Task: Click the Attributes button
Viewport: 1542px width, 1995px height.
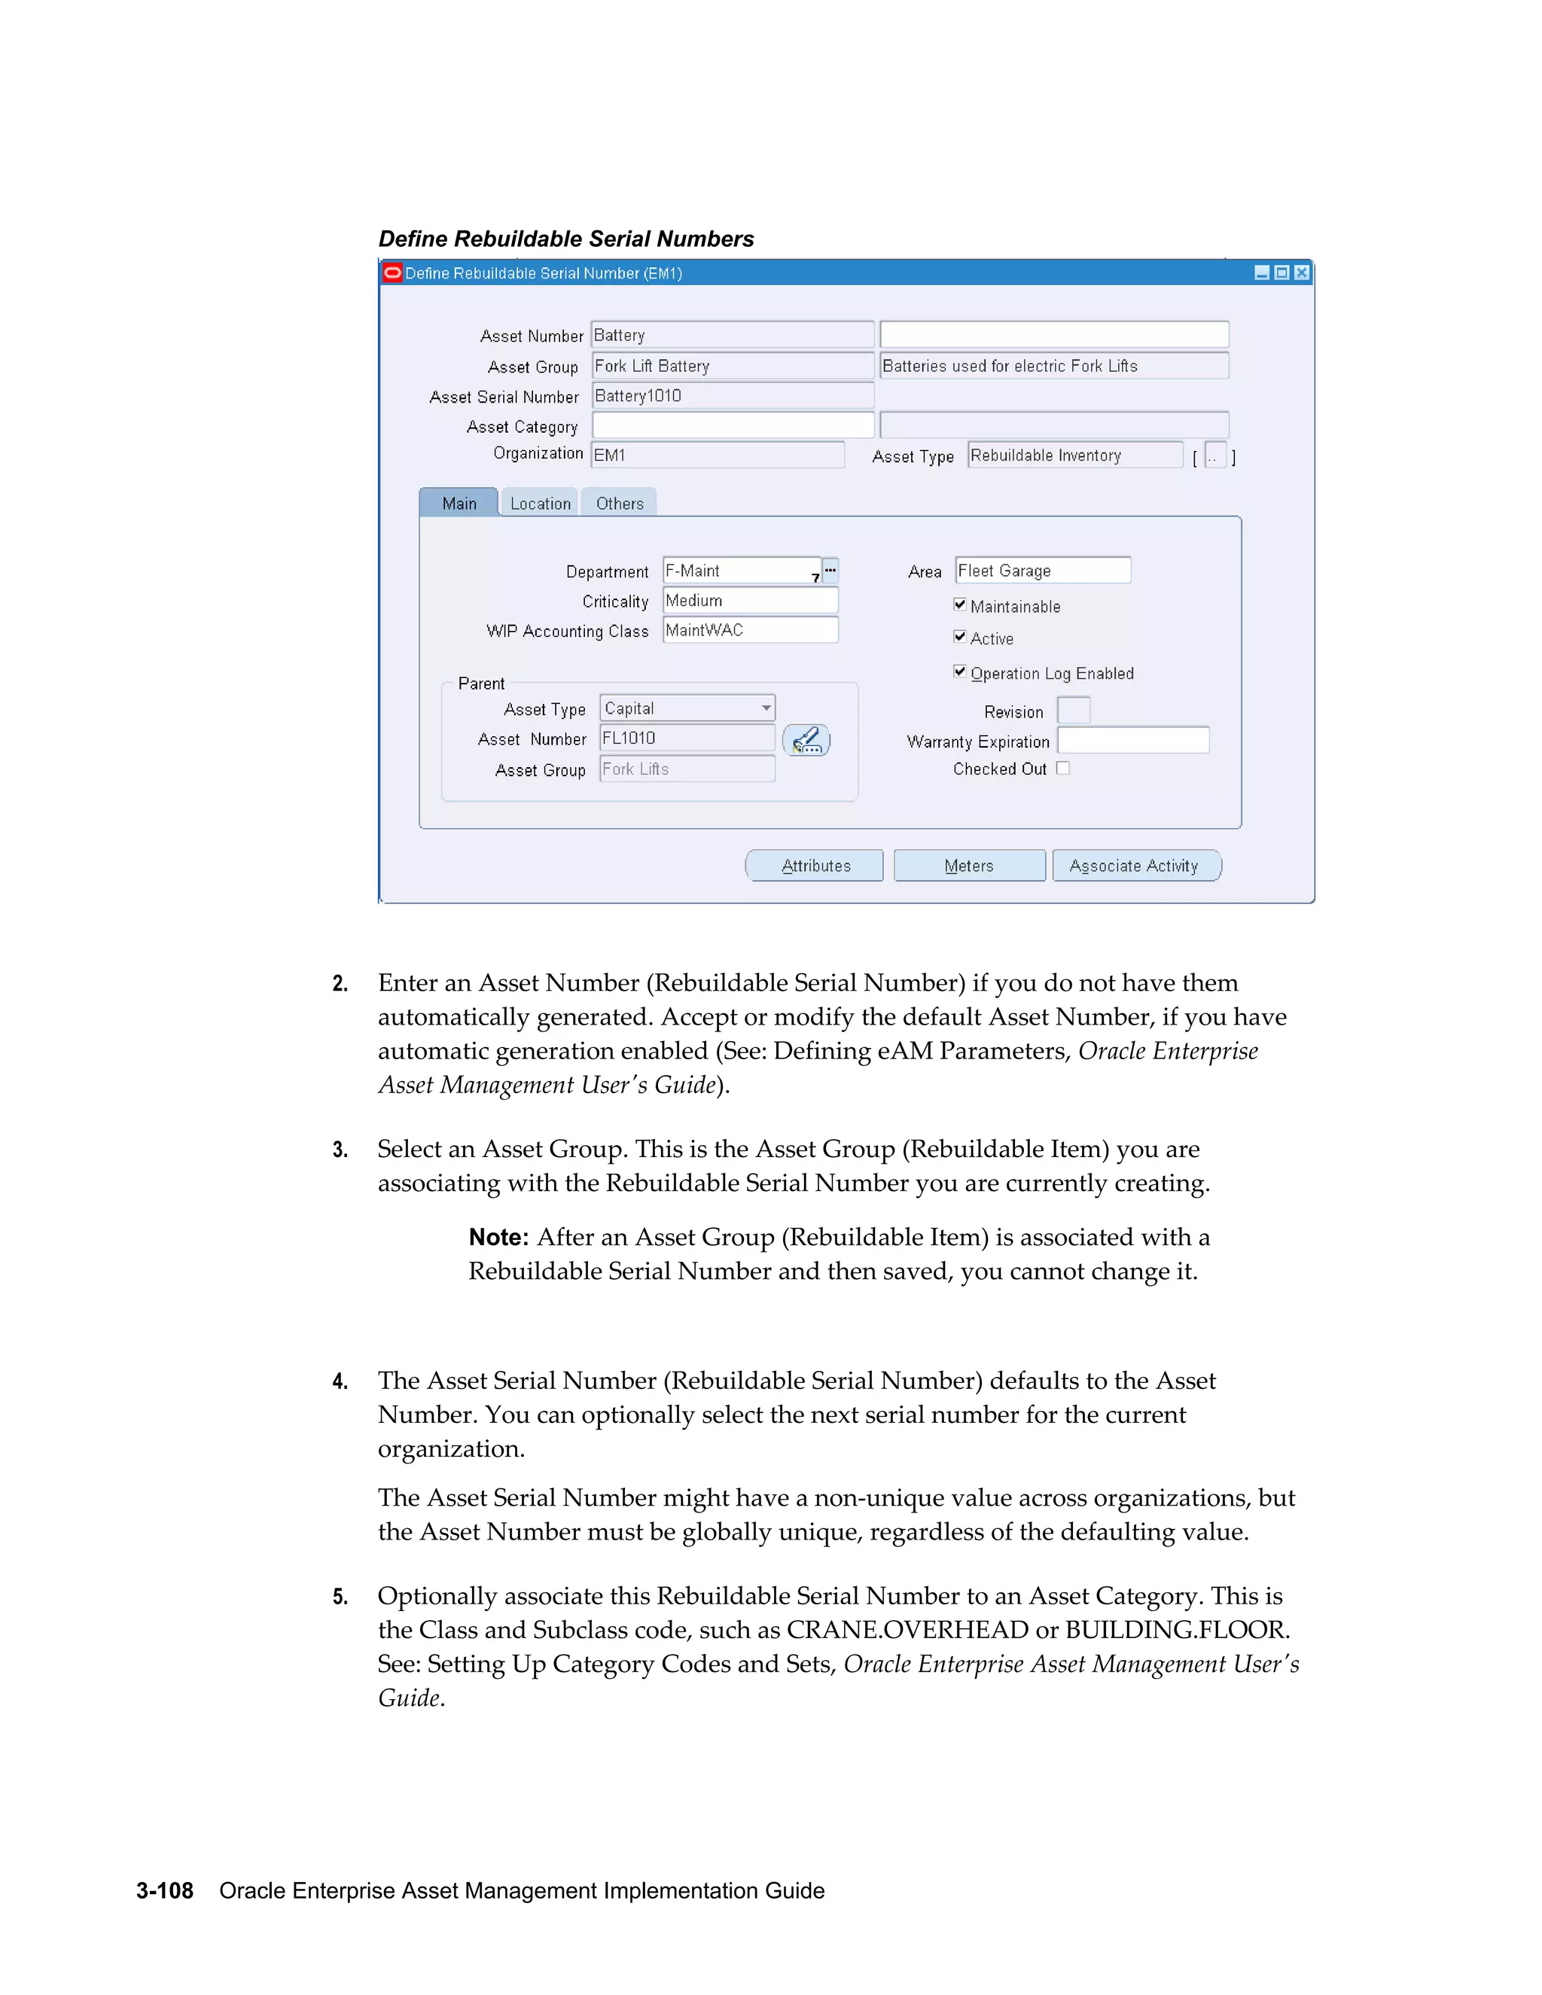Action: pos(815,865)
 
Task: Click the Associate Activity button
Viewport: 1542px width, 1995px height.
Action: pos(1135,865)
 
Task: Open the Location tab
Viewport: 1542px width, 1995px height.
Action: pos(540,504)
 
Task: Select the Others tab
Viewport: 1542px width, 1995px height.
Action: pos(620,504)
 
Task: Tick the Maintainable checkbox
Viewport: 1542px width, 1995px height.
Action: pos(959,605)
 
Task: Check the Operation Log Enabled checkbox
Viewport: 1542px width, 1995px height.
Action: pos(959,672)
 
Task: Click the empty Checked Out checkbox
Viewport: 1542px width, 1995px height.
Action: pos(1062,768)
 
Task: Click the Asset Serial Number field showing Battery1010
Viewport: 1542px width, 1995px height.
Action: pos(732,395)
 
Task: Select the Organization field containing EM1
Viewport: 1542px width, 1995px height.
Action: pos(717,455)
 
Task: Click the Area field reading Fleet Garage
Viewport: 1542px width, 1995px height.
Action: pos(1042,570)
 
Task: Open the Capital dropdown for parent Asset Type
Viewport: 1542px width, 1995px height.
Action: pos(766,708)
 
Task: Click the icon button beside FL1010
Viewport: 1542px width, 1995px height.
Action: pos(806,740)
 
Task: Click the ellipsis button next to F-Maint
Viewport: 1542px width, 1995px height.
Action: pos(830,570)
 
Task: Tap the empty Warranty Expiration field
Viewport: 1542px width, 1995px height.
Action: pos(1132,740)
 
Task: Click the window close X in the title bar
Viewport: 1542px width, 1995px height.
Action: pos(1302,273)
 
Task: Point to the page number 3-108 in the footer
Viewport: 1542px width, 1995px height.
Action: pos(164,1891)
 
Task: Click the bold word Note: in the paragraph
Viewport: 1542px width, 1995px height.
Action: pos(498,1237)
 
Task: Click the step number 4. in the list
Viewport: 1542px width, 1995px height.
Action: pos(340,1381)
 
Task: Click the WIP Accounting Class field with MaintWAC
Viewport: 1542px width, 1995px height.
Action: pos(750,630)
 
